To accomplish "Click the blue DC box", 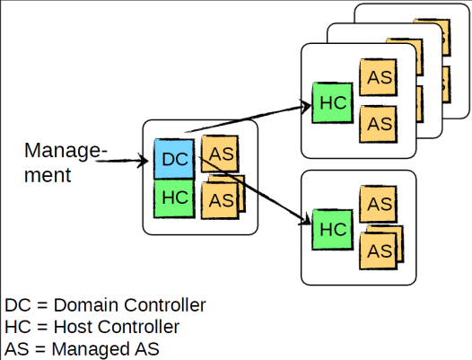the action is coord(174,159).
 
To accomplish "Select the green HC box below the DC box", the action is coord(174,198).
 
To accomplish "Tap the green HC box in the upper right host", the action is coord(332,102).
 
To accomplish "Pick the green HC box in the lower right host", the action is coord(332,230).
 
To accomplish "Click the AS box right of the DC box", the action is coord(220,154).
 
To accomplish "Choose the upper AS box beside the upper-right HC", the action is coord(379,77).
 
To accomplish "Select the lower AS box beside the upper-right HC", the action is coord(379,124).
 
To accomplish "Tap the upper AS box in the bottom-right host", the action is coord(379,204).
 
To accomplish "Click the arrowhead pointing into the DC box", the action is coord(143,161).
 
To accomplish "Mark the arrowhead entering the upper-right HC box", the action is coord(306,106).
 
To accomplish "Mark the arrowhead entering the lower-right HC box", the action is coord(305,220).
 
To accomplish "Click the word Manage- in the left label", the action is coord(66,151).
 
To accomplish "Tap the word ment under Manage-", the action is coord(48,175).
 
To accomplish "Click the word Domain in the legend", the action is coord(86,305).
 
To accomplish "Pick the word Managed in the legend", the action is coord(91,349).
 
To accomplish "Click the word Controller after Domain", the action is coord(165,305).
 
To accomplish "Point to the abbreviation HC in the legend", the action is coord(18,327).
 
